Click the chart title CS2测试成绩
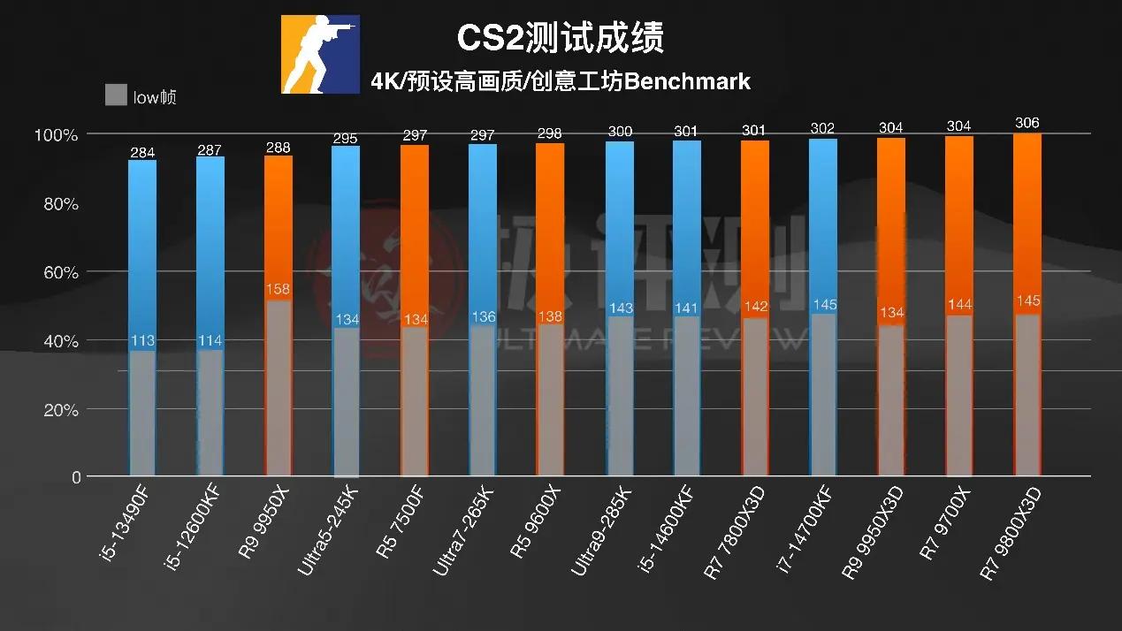pos(560,37)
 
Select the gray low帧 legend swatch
pos(115,95)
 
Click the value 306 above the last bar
pos(1027,123)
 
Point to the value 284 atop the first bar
pos(142,151)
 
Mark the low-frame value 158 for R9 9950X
pos(278,289)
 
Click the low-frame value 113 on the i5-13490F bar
pos(142,340)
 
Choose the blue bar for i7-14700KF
pos(822,221)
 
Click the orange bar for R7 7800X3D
pos(754,221)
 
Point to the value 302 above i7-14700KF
pos(822,129)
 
